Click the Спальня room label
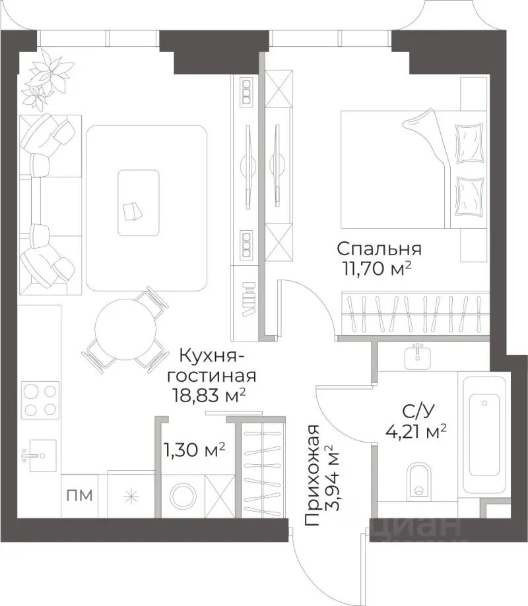point(379,249)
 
